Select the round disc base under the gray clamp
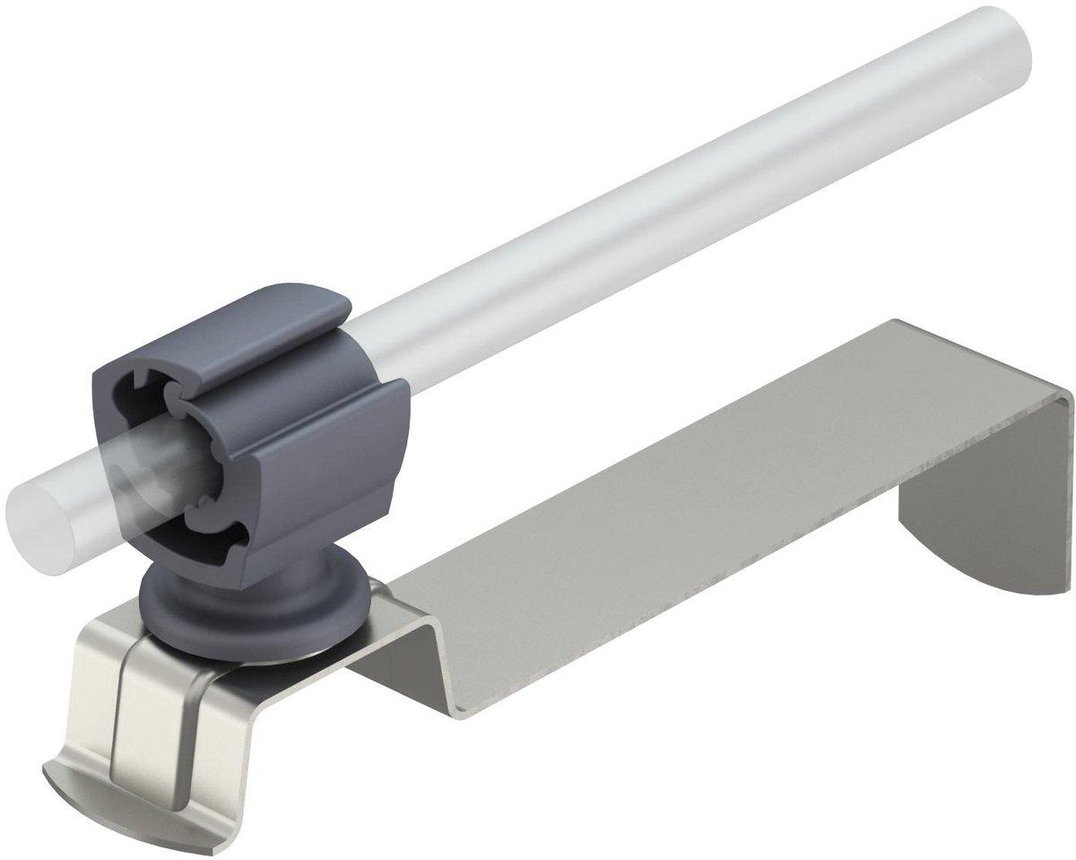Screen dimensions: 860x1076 [256, 610]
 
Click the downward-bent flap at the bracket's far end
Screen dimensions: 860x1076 [986, 502]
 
